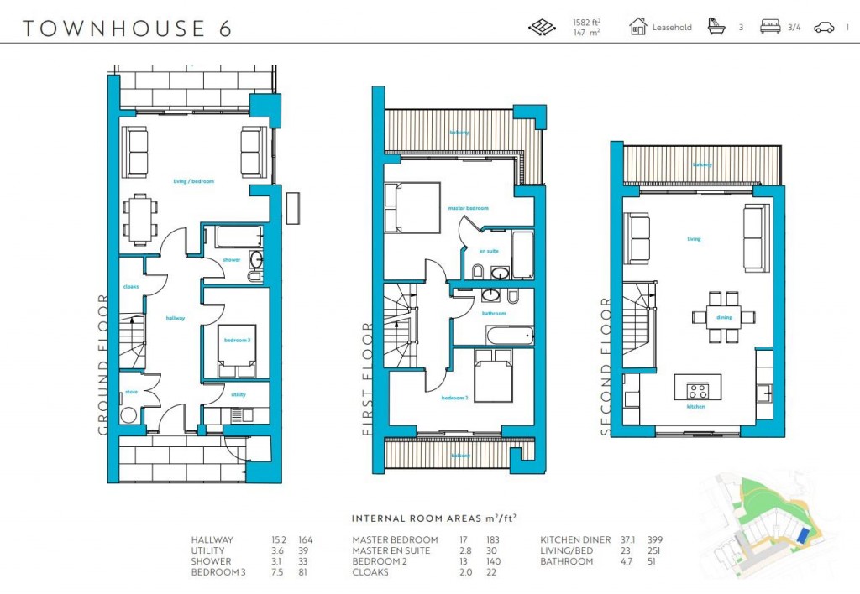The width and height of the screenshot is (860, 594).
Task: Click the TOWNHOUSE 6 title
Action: coord(127,28)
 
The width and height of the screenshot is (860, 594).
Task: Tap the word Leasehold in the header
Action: coord(672,28)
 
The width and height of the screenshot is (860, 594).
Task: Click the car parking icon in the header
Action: coord(824,28)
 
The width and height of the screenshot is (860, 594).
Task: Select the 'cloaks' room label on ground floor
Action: coord(130,286)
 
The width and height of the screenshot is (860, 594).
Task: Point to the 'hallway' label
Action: coord(175,318)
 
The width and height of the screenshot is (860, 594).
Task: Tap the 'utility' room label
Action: coord(238,394)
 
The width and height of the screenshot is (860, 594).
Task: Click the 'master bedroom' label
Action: coord(468,208)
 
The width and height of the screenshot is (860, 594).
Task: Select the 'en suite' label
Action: coord(488,251)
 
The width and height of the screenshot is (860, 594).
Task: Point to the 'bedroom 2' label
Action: coord(454,399)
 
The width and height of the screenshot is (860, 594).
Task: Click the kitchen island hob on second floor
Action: coord(698,390)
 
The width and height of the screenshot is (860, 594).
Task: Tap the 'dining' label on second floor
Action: coord(724,318)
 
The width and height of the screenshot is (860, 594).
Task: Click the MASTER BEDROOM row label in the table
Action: coord(395,539)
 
